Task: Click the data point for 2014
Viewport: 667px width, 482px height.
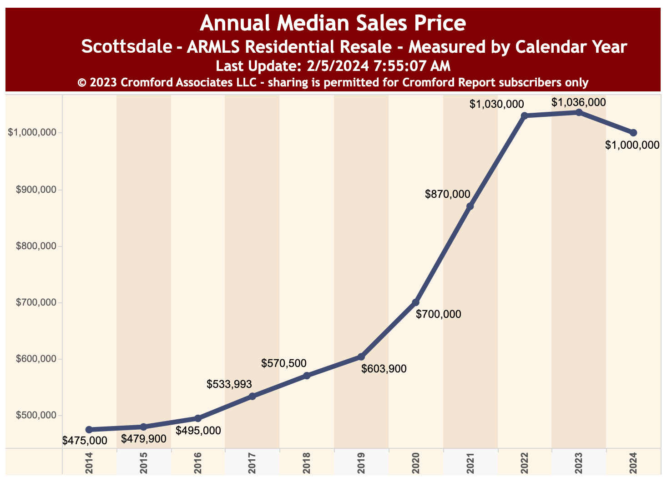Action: click(x=89, y=430)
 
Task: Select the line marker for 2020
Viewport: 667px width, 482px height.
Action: click(x=415, y=302)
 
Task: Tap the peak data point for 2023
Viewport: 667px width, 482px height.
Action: click(x=579, y=112)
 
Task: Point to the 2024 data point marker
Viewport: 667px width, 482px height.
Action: click(x=633, y=133)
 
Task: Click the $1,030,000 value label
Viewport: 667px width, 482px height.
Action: click(x=497, y=104)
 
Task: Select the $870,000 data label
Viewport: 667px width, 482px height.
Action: click(x=448, y=194)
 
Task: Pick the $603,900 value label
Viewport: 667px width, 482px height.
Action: click(x=384, y=369)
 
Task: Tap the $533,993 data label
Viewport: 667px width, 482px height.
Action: click(x=229, y=384)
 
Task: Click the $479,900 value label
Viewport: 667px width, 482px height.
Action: click(x=144, y=439)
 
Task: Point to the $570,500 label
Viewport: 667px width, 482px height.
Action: click(x=284, y=363)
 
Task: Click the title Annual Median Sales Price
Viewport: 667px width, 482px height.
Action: click(x=333, y=23)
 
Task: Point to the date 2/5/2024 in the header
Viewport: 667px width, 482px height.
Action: click(x=337, y=66)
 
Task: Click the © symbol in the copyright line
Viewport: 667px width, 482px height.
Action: click(x=82, y=83)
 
